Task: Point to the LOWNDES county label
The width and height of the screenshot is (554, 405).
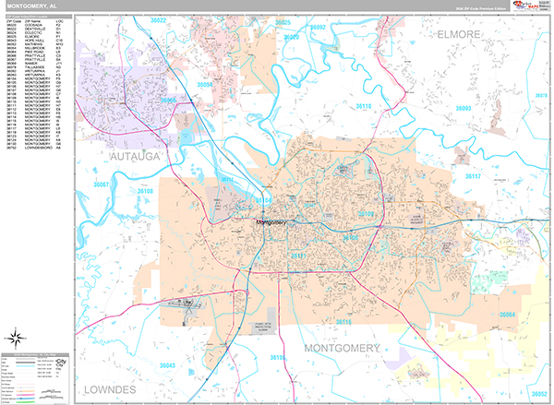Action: pos(109,390)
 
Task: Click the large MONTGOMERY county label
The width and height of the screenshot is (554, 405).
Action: pos(340,349)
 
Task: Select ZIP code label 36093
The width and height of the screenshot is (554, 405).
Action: pos(463,108)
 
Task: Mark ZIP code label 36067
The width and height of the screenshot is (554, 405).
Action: pos(102,185)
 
